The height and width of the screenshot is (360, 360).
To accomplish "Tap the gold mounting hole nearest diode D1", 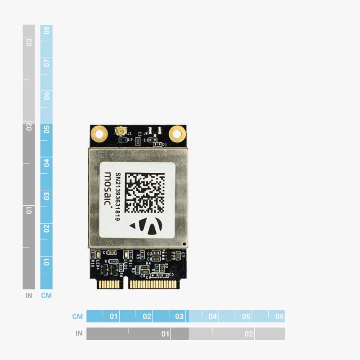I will pos(177,133).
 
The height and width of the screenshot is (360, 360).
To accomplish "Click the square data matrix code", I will pos(144,193).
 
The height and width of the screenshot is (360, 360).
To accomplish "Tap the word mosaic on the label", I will pos(108,189).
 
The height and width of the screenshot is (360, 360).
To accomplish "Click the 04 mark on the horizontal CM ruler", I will pos(212,316).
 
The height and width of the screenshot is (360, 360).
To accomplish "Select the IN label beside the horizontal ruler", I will pos(79,333).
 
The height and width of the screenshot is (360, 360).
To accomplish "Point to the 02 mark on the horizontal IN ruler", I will pos(248,334).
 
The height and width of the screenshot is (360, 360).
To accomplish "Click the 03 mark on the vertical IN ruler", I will pos(29,42).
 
